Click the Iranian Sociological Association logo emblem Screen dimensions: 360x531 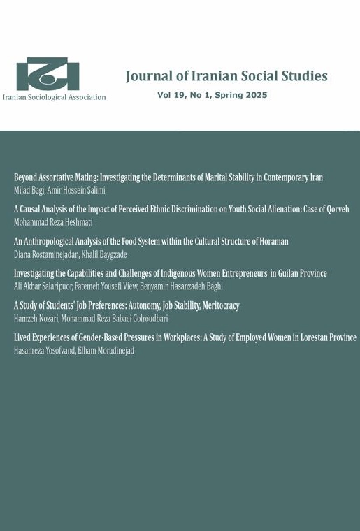pyautogui.click(x=48, y=74)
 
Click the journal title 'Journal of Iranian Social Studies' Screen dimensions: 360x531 pyautogui.click(x=226, y=76)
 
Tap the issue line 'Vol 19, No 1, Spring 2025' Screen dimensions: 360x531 pyautogui.click(x=212, y=95)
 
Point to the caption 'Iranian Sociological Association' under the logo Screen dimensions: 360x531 pyautogui.click(x=54, y=97)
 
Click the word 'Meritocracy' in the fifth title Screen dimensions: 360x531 pyautogui.click(x=214, y=305)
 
